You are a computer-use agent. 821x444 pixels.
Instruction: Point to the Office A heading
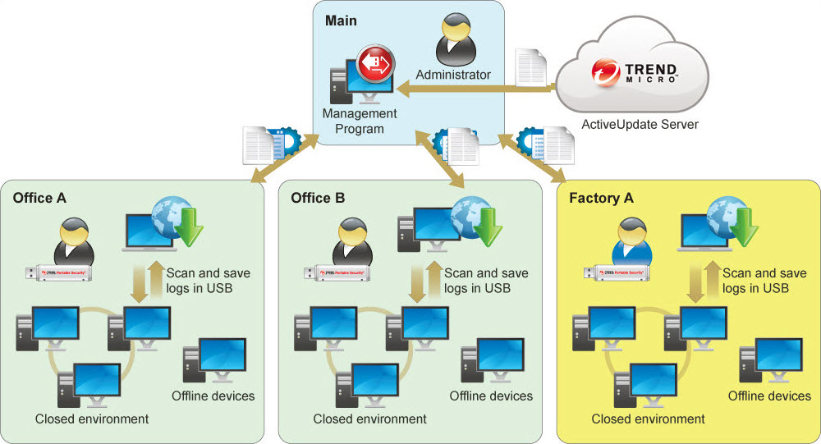click(39, 198)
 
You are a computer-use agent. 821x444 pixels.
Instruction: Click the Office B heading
click(318, 198)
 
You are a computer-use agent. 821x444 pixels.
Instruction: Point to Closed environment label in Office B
click(370, 419)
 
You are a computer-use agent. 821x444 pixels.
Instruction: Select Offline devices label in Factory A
click(769, 396)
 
